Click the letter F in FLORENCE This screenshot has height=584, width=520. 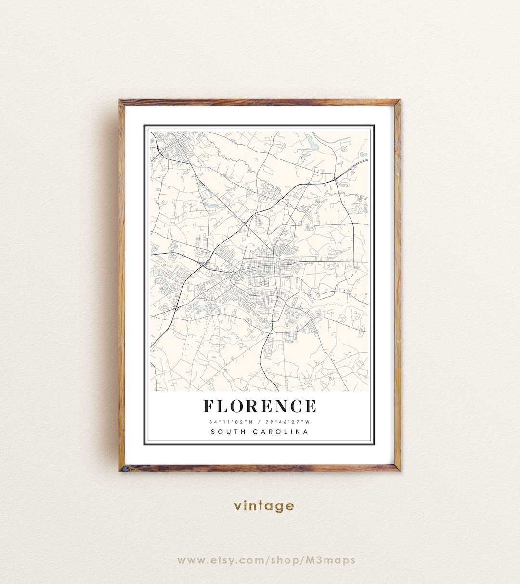pyautogui.click(x=209, y=406)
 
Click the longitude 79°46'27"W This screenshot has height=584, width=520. pyautogui.click(x=290, y=422)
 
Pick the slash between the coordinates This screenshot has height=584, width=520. pyautogui.click(x=260, y=422)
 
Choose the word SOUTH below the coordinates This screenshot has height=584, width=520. pyautogui.click(x=227, y=432)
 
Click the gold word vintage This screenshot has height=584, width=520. pyautogui.click(x=264, y=506)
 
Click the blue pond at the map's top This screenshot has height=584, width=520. pyautogui.click(x=311, y=141)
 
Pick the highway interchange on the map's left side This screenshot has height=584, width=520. pyautogui.click(x=203, y=265)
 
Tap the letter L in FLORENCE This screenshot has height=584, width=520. pyautogui.click(x=223, y=406)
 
